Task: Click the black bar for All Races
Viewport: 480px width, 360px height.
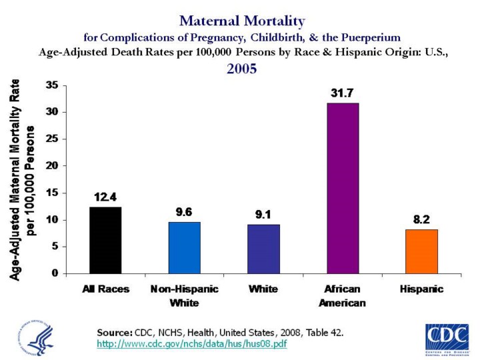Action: [x=105, y=240]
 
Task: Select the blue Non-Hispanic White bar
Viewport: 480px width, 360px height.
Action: [x=184, y=247]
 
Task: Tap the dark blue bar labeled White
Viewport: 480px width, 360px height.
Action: [x=263, y=249]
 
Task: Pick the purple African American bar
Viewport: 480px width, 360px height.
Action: [x=342, y=188]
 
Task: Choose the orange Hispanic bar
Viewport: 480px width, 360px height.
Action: [x=421, y=251]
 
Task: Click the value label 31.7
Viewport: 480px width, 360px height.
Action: [x=342, y=93]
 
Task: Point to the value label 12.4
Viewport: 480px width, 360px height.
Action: [x=105, y=197]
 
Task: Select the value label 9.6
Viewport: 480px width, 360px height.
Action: [x=184, y=212]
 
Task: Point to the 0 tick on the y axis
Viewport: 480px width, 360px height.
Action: [x=56, y=273]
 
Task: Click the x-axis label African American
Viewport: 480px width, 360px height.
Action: [x=343, y=296]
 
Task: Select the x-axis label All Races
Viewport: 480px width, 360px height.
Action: [x=105, y=289]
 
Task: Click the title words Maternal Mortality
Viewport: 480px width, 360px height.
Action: [x=242, y=21]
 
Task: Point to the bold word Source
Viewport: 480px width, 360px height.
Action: [x=115, y=331]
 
